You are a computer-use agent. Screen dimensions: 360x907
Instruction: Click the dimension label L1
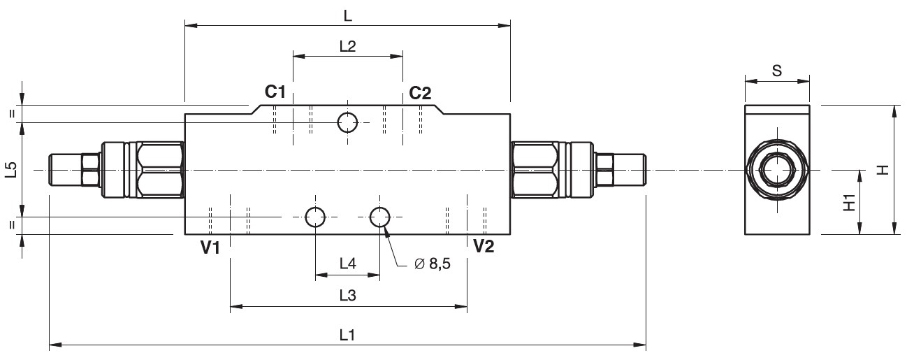point(347,334)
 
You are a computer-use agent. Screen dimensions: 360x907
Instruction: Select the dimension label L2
point(347,46)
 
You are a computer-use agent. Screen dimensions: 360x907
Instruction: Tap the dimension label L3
point(347,296)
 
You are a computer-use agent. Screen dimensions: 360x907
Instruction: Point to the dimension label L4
point(347,264)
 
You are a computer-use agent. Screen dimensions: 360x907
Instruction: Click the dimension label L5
point(10,170)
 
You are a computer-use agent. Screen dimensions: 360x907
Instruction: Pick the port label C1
point(275,92)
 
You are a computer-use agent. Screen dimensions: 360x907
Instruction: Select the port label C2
point(420,93)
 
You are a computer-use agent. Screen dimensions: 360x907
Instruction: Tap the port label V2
point(484,246)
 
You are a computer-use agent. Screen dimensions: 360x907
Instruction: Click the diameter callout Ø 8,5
point(432,264)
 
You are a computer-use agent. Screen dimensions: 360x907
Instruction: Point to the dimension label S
point(777,70)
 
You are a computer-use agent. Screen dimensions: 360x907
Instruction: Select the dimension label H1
point(849,203)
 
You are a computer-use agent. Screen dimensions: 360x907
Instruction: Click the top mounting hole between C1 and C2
point(347,122)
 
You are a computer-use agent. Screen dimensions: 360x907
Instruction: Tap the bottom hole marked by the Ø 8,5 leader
point(380,217)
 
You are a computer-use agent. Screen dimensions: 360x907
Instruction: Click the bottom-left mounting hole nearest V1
point(315,217)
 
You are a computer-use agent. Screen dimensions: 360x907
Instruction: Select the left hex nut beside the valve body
point(160,170)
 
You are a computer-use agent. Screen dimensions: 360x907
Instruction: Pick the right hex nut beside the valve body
point(535,170)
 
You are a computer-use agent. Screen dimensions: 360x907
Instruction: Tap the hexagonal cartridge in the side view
point(777,170)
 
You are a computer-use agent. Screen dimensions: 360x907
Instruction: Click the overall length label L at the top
point(347,15)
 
